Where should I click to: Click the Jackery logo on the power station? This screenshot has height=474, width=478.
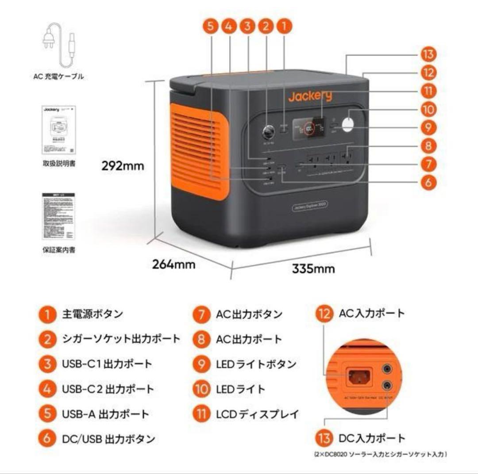[310, 96]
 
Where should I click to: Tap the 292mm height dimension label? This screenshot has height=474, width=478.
[123, 166]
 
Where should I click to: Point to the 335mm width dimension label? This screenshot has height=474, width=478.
[313, 268]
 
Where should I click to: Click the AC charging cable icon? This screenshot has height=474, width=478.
[58, 44]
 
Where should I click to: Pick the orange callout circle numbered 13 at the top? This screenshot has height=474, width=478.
[428, 55]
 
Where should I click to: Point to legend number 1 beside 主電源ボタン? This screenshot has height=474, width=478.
[46, 314]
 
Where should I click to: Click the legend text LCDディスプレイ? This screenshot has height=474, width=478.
[257, 414]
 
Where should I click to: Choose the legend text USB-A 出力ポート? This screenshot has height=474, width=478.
[105, 414]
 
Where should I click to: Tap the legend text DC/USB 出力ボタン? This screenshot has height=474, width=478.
[108, 439]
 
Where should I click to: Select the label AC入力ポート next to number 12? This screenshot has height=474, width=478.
[372, 313]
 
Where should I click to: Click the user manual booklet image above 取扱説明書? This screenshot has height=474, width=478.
[59, 130]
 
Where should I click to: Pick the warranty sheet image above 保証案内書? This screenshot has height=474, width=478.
[58, 216]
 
